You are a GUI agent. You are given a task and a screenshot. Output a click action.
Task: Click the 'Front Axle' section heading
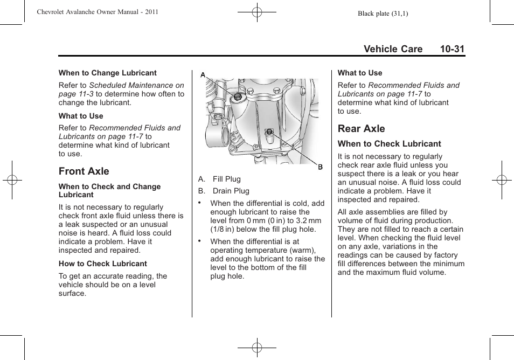pyautogui.click(x=84, y=171)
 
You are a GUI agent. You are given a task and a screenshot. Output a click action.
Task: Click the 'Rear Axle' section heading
pyautogui.click(x=361, y=129)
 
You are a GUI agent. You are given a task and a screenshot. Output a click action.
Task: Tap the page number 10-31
pyautogui.click(x=452, y=49)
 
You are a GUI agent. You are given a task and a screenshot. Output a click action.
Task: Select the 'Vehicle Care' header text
pyautogui.click(x=393, y=49)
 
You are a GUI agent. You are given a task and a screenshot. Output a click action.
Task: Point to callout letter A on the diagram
pyautogui.click(x=203, y=75)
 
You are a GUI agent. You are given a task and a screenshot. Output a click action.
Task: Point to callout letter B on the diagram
pyautogui.click(x=320, y=167)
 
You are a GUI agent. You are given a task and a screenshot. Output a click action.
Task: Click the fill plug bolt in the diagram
pyautogui.click(x=237, y=96)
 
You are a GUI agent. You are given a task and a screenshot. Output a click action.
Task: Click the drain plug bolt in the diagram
pyautogui.click(x=269, y=131)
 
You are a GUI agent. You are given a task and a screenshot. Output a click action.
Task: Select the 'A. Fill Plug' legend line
pyautogui.click(x=219, y=179)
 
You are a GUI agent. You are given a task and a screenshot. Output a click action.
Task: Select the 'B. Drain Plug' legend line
pyautogui.click(x=224, y=191)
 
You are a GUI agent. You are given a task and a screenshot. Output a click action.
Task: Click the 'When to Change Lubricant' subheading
pyautogui.click(x=107, y=73)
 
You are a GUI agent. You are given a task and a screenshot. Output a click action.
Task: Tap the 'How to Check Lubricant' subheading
pyautogui.click(x=102, y=264)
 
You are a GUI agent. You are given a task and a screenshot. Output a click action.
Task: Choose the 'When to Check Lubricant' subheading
pyautogui.click(x=389, y=144)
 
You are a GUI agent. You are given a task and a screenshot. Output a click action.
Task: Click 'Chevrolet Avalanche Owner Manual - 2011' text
pyautogui.click(x=98, y=12)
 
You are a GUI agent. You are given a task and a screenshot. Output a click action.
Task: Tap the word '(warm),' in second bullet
pyautogui.click(x=301, y=251)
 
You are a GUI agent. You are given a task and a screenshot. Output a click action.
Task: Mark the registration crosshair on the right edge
pyautogui.click(x=502, y=180)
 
